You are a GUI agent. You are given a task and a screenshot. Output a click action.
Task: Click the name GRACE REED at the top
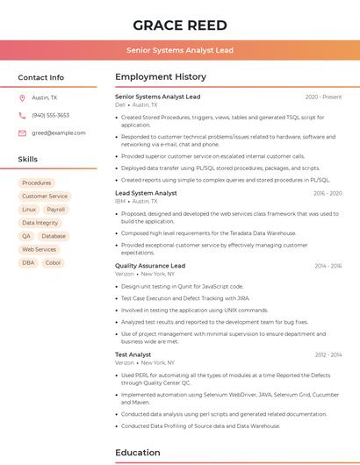[180, 25]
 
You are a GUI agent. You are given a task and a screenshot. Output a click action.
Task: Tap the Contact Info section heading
[41, 77]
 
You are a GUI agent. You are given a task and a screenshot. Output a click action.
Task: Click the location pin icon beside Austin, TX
[23, 97]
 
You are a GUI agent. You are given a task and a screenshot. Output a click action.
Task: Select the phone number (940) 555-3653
[50, 115]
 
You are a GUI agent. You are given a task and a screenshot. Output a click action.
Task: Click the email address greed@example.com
[58, 132]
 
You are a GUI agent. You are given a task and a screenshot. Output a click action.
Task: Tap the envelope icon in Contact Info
[23, 132]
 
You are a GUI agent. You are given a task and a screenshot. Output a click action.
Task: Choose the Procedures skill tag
[37, 183]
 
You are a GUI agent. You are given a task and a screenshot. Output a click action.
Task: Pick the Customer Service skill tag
[45, 197]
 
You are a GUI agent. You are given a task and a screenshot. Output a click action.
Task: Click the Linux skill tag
[29, 210]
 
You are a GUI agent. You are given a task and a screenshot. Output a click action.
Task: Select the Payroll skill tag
[56, 210]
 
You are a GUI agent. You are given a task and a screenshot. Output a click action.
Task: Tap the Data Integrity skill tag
[40, 223]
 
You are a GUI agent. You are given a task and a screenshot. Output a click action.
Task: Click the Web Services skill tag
[39, 249]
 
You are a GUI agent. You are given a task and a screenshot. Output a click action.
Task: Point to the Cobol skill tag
[54, 262]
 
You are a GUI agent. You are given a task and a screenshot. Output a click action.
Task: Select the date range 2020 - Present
[323, 97]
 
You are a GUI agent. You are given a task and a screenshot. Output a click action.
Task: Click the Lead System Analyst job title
[146, 193]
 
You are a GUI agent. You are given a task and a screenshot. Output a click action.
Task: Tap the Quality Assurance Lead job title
[150, 265]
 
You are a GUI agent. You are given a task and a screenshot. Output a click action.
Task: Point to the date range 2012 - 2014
[328, 354]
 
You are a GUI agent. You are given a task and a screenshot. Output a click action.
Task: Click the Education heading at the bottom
[139, 453]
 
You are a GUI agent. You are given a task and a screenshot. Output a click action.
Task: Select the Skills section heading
[28, 160]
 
